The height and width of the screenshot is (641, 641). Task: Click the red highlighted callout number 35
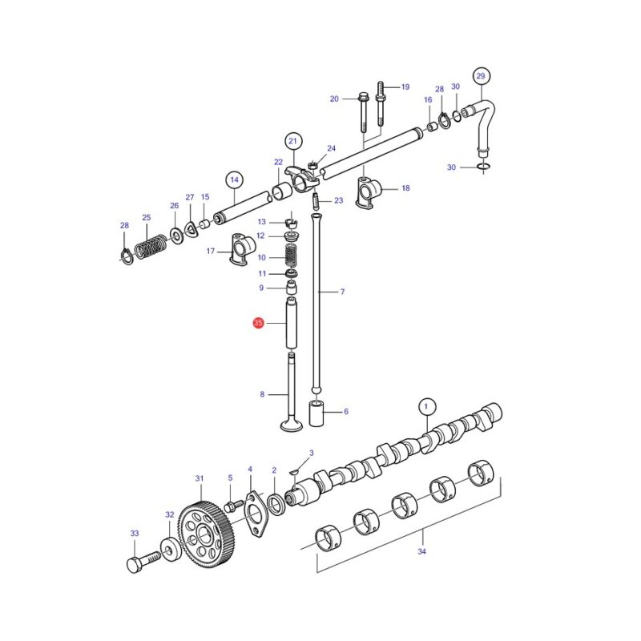(258, 323)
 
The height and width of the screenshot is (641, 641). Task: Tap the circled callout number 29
(481, 75)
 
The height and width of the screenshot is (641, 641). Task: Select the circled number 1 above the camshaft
(426, 406)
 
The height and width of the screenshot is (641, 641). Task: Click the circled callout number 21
(292, 141)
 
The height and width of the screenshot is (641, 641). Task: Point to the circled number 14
(234, 179)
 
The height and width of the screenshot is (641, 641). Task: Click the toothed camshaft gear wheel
(207, 533)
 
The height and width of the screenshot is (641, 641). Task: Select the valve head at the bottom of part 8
(292, 424)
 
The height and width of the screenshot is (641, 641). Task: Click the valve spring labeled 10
(291, 256)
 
